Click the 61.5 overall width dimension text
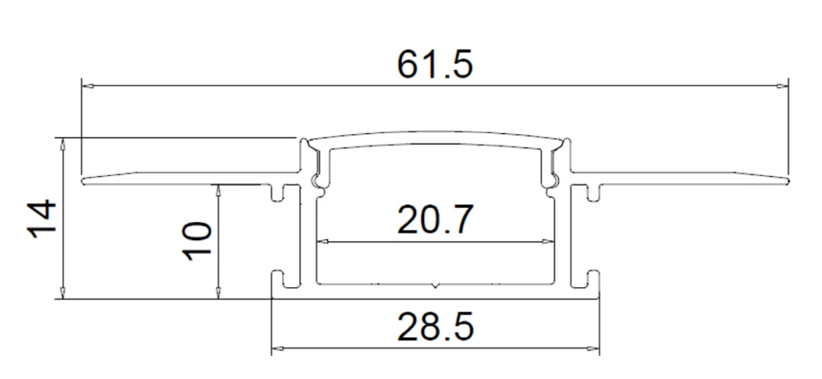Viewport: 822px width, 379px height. tap(435, 63)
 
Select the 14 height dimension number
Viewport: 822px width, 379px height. tap(41, 219)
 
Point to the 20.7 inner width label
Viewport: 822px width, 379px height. tap(435, 220)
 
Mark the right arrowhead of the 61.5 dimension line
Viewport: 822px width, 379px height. tap(783, 84)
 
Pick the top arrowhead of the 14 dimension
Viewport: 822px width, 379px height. tap(62, 142)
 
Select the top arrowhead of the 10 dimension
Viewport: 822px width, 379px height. tap(218, 190)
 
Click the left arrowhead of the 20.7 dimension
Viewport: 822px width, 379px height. tap(322, 243)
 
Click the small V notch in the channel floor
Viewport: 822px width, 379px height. tap(435, 287)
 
